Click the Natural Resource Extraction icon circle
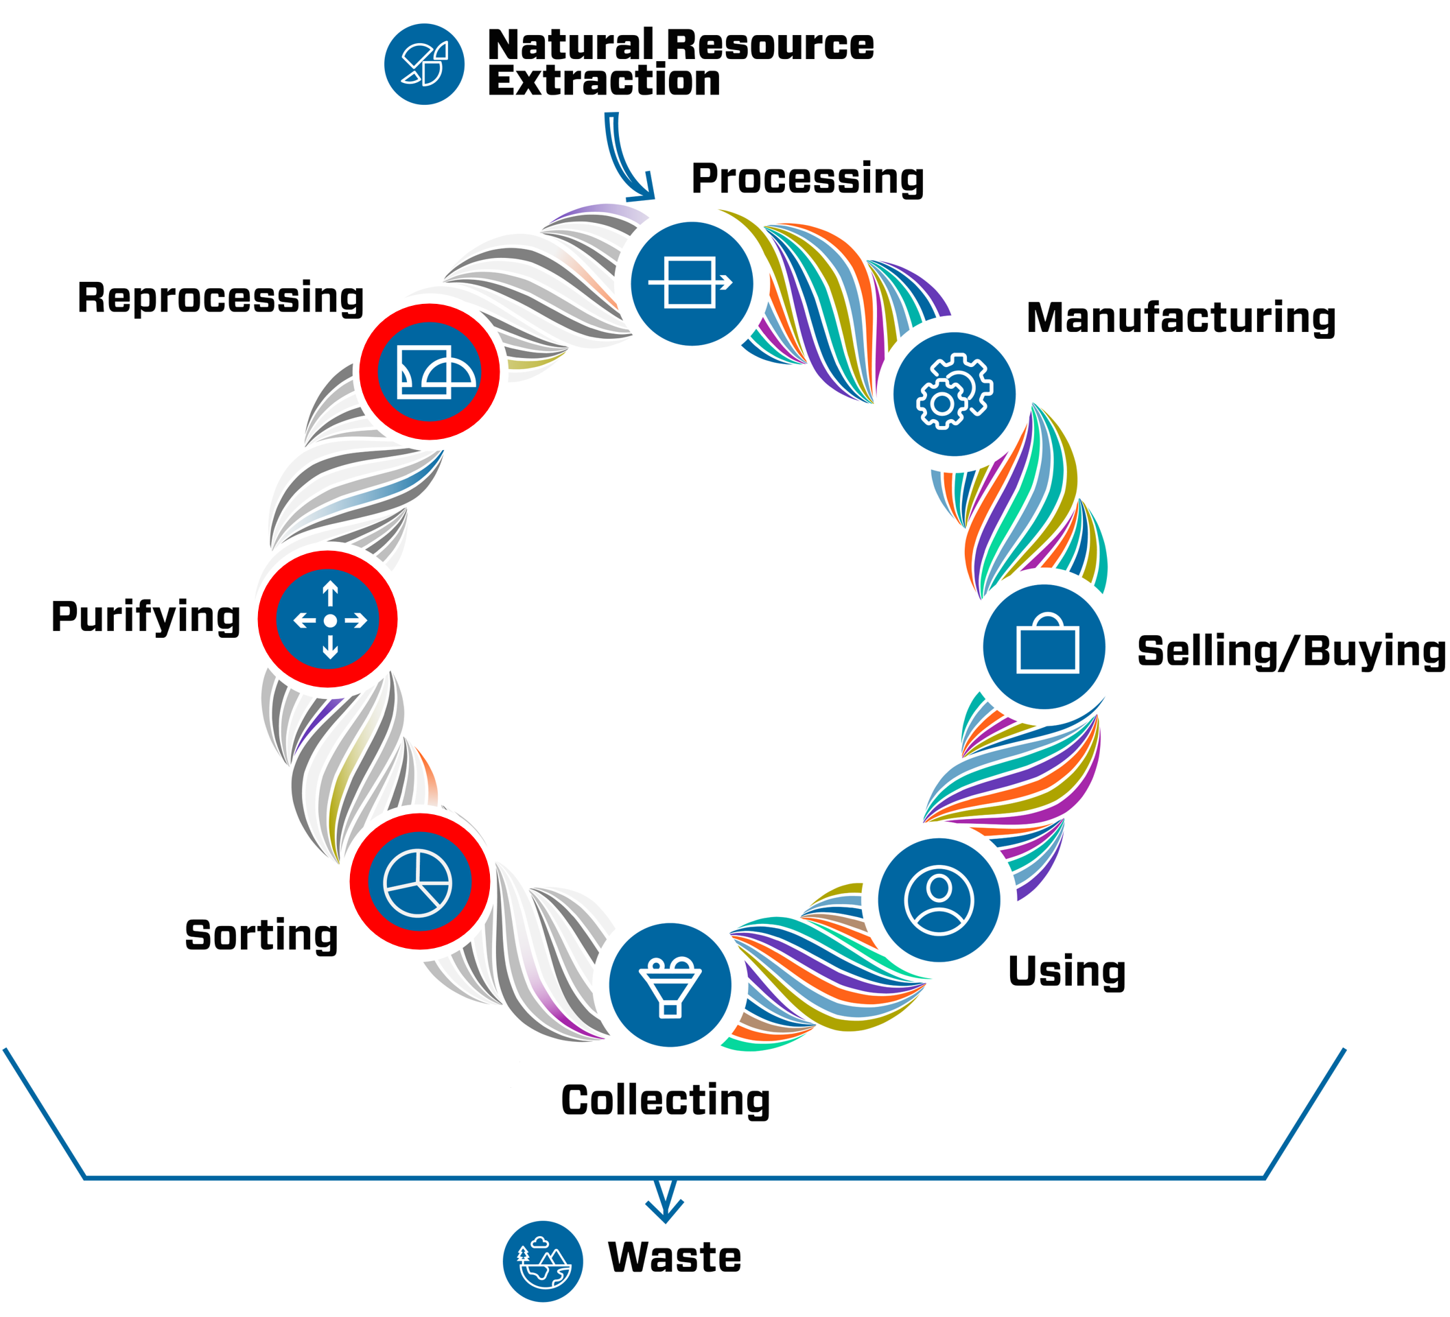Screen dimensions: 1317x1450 [424, 64]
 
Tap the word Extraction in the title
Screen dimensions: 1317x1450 [603, 80]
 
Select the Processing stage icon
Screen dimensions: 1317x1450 [691, 283]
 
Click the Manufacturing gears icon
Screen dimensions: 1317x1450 [954, 393]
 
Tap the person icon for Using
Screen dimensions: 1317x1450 [939, 899]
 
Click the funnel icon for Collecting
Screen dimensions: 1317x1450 [670, 984]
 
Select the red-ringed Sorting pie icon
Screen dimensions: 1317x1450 [419, 881]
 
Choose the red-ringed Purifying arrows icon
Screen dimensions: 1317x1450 [328, 619]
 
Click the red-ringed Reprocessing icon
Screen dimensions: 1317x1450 [430, 372]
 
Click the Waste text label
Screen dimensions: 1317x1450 [674, 1257]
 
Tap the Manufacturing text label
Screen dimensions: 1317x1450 [1180, 318]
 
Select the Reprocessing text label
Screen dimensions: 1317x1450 [220, 298]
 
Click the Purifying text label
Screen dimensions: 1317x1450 [145, 617]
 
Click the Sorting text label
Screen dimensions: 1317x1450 [261, 935]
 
